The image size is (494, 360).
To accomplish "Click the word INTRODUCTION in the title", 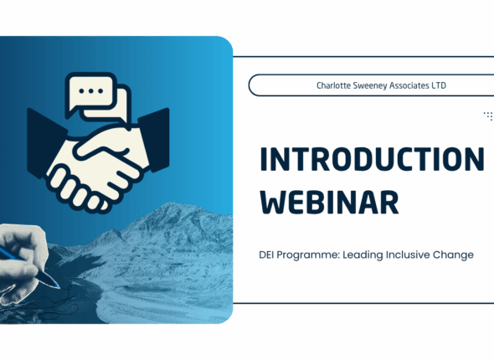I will click(371, 159).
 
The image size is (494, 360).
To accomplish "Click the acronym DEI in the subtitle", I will click(269, 255).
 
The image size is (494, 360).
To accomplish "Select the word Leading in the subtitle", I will click(367, 255).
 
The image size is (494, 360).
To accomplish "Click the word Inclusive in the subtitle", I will click(414, 255).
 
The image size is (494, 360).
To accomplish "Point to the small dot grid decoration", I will click(488, 116).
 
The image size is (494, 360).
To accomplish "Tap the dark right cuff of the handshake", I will click(155, 134).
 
